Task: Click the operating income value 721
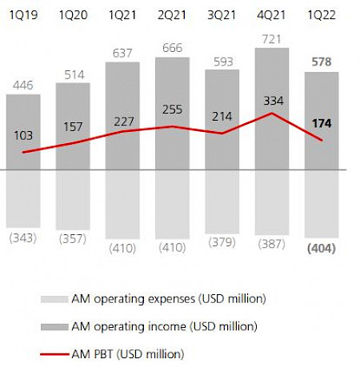274,38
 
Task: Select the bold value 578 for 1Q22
322,62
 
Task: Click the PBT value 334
274,100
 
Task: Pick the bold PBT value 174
322,125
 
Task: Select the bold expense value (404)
322,249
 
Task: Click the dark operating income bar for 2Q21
173,88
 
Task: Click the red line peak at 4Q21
273,114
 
